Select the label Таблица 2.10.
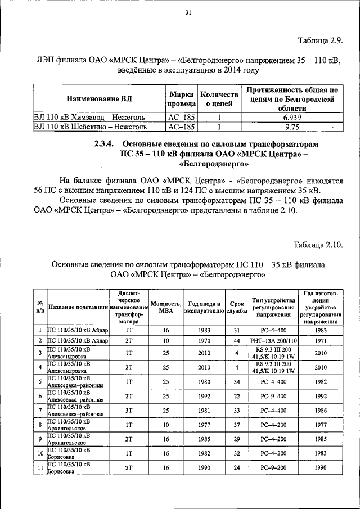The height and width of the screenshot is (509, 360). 317,244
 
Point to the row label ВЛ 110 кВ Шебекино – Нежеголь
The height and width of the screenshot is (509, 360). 90,127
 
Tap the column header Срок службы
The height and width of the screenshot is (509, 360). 237,307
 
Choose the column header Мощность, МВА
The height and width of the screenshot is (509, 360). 165,307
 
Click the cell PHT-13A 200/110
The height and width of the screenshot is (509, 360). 273,341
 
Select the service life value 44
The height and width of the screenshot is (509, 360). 237,341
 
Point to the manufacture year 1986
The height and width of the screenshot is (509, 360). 321,411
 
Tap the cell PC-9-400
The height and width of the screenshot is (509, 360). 273,396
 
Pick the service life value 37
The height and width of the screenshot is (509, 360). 237,425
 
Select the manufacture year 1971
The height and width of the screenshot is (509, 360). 321,341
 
